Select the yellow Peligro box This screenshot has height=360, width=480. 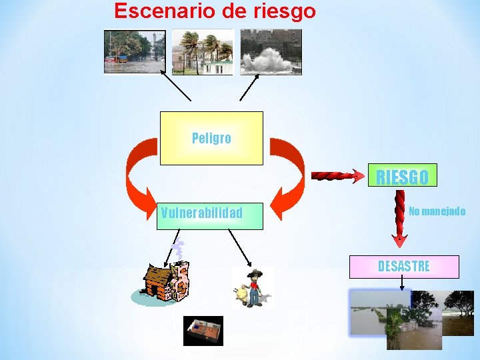[211, 138]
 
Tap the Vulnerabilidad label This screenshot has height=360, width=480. [202, 213]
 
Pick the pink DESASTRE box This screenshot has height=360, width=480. [404, 266]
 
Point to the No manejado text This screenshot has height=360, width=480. [437, 211]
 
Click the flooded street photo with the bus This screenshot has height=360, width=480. [134, 51]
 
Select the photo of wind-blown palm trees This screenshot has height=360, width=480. [203, 51]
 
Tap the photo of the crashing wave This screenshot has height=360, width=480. [271, 51]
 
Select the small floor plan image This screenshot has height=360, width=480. [203, 330]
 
